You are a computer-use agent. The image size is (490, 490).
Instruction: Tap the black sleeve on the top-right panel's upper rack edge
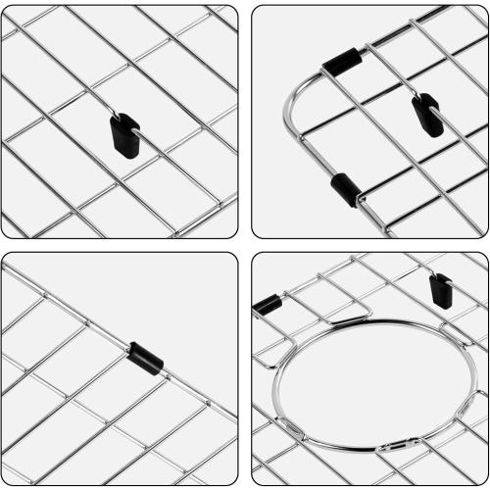342,62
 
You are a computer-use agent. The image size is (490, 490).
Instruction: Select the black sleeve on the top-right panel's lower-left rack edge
344,189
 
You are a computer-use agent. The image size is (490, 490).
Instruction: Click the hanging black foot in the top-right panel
427,116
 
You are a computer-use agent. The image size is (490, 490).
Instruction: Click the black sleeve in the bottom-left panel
145,358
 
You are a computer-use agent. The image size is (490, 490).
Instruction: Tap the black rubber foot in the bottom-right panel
441,291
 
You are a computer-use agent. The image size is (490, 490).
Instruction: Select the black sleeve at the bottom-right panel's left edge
266,305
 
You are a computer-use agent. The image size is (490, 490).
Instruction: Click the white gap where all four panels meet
245,245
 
